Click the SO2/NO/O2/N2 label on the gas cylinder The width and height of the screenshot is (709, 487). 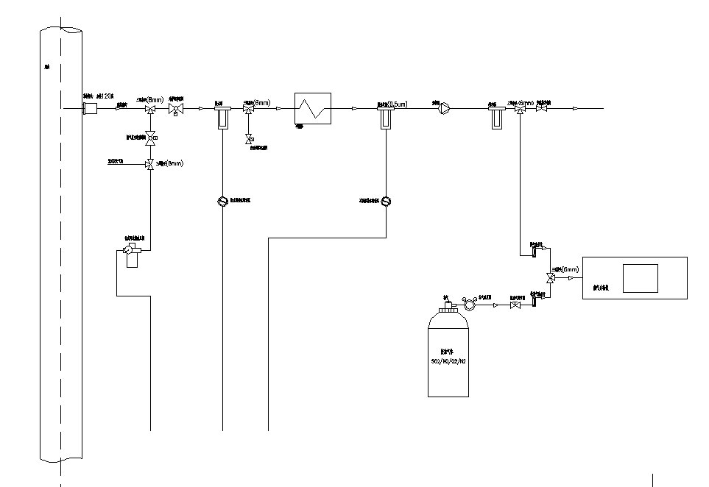(x=448, y=362)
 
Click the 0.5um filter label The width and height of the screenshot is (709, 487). (x=393, y=103)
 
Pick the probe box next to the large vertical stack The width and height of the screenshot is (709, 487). (x=91, y=109)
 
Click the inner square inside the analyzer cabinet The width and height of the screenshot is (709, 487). (x=640, y=278)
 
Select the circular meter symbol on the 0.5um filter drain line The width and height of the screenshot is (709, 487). (x=386, y=201)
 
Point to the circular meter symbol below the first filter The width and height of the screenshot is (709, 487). (x=222, y=201)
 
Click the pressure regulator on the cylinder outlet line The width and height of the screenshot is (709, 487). (x=468, y=304)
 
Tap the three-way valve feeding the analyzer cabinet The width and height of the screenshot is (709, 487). (x=549, y=278)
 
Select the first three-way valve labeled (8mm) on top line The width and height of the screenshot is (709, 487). (x=151, y=110)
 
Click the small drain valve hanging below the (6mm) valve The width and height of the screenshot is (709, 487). (x=249, y=138)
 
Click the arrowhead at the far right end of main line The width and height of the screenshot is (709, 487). (x=576, y=109)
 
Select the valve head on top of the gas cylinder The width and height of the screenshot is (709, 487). (x=447, y=304)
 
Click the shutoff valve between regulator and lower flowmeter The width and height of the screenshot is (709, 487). (x=514, y=305)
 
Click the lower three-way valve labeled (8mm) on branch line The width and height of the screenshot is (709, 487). (x=151, y=164)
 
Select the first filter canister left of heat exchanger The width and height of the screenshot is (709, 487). (x=222, y=116)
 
